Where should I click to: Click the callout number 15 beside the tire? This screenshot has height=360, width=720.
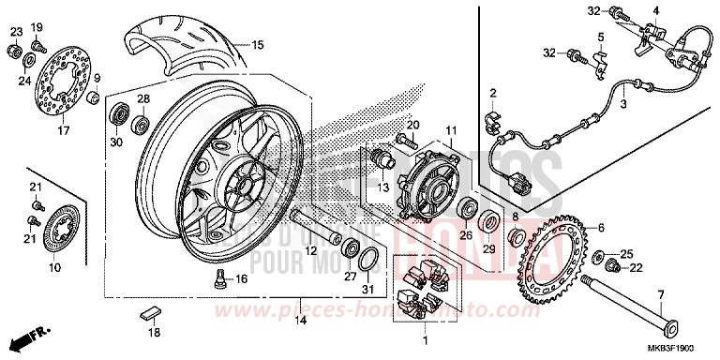click(x=258, y=44)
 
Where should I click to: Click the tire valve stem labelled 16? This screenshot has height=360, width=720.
click(x=218, y=277)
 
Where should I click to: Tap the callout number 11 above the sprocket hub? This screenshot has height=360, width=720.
click(x=450, y=129)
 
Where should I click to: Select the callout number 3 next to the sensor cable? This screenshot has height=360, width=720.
click(x=623, y=103)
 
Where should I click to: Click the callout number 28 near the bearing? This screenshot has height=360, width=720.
click(x=143, y=98)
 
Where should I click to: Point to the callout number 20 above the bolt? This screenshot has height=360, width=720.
click(x=411, y=125)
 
